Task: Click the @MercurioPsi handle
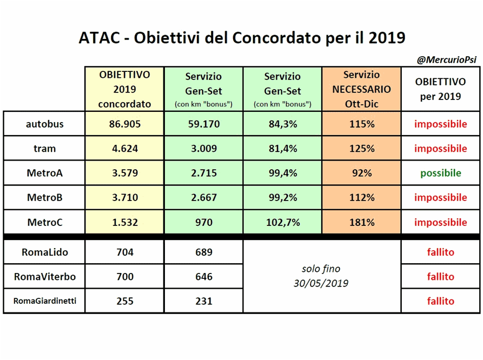[446, 60]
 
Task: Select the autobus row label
[44, 124]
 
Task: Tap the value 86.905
[124, 124]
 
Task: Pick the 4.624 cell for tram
[124, 149]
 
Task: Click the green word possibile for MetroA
[441, 173]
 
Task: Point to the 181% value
[361, 222]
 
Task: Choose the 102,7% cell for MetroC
[282, 222]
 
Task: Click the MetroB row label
[44, 198]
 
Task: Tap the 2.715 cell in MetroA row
[203, 173]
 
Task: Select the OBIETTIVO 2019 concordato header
[124, 89]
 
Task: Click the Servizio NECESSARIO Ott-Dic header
[361, 89]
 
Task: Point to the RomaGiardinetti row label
[44, 301]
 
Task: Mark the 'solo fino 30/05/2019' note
[322, 276]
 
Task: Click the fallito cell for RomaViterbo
[441, 277]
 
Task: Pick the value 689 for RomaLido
[203, 252]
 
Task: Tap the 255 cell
[124, 301]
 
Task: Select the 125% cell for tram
[361, 149]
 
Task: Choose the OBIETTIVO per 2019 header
[441, 89]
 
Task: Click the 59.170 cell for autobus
[203, 124]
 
